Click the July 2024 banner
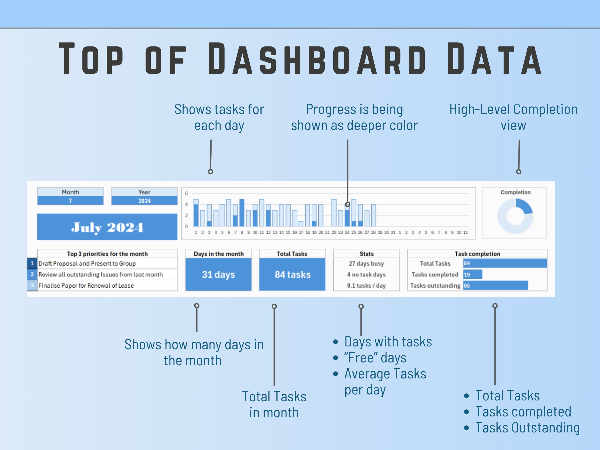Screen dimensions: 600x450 (107, 227)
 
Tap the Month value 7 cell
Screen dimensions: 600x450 (70, 201)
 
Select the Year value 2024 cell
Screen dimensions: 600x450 (144, 201)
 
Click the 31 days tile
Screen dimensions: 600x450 (218, 274)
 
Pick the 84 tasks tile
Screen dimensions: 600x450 (292, 274)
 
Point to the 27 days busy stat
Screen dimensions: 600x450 (366, 263)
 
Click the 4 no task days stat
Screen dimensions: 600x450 (366, 274)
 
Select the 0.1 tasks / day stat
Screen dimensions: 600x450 (366, 285)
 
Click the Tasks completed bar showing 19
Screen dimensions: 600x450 (472, 274)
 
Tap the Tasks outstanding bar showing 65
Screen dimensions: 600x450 (496, 285)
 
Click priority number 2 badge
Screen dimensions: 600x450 (32, 274)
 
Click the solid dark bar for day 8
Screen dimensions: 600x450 (242, 213)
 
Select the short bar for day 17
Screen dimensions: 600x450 (301, 224)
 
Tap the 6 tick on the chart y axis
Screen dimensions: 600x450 (186, 193)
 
